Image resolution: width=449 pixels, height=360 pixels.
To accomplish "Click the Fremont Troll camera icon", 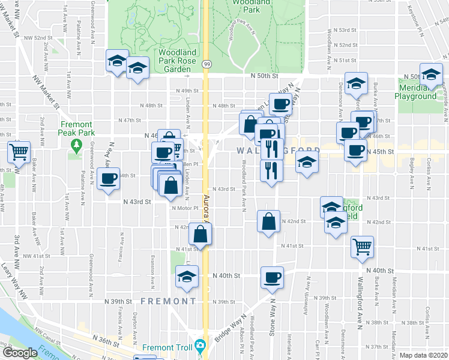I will point(200,347).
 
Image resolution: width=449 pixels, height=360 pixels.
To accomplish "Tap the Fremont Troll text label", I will point(167,347).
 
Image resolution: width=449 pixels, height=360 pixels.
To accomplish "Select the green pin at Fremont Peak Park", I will point(76,145).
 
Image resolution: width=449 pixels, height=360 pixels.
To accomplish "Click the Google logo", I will point(19,353).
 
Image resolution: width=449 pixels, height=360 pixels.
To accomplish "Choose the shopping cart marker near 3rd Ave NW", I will point(19,152).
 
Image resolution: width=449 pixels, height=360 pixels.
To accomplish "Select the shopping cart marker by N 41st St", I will point(362,247).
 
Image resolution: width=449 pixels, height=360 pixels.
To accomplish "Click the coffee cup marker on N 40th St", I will point(272,278).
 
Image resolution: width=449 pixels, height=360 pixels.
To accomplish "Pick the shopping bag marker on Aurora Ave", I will point(200,233).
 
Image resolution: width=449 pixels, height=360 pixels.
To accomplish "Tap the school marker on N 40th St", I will point(187,278).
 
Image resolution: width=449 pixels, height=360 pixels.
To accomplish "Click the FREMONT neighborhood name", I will point(168,300).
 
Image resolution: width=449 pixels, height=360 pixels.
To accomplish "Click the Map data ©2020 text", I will point(424,355).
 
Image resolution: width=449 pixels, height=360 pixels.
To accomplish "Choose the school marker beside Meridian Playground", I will point(430,74).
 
